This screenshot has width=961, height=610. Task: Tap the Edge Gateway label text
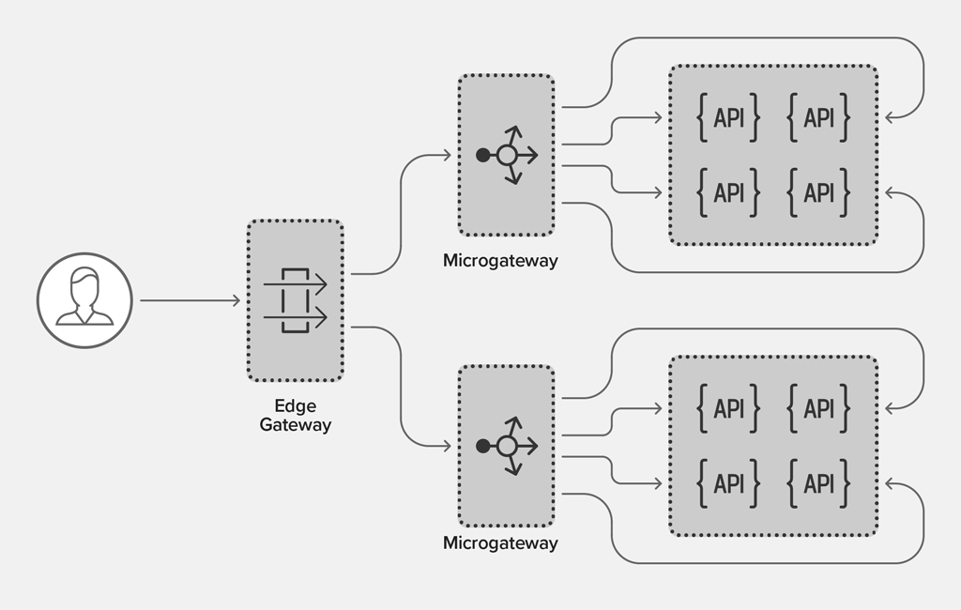click(296, 415)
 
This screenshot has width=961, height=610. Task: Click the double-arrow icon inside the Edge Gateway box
click(296, 300)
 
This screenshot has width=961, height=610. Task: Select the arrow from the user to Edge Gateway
click(190, 300)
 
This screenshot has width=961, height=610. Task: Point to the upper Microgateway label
click(500, 261)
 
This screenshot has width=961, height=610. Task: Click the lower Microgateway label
click(500, 543)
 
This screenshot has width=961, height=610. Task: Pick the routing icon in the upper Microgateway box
click(507, 155)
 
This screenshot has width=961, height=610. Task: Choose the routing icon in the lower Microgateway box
click(507, 447)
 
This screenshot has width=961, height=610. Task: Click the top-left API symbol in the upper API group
click(728, 117)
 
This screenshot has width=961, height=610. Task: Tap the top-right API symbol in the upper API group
click(818, 117)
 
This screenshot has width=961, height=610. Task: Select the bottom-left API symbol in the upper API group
click(728, 193)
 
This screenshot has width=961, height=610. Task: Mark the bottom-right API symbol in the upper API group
click(818, 193)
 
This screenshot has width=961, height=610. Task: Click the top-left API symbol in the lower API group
click(728, 408)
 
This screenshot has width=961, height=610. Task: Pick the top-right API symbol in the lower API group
click(818, 408)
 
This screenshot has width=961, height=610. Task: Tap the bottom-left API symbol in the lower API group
click(728, 483)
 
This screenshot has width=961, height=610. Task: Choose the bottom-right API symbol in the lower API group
click(818, 483)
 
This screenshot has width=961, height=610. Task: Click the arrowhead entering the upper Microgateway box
click(448, 155)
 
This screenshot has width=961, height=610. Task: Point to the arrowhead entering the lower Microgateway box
click(448, 447)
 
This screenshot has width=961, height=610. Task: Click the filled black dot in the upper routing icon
click(483, 155)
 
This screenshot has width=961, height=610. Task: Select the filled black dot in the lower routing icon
click(483, 447)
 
